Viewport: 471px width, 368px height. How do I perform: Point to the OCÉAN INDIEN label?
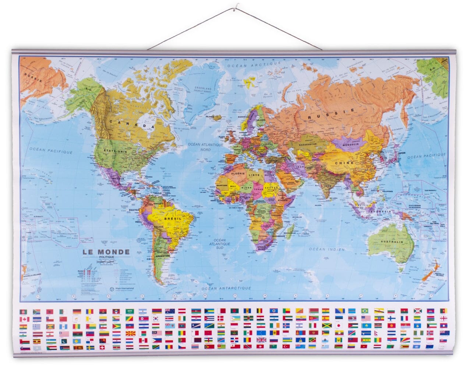tap(327, 249)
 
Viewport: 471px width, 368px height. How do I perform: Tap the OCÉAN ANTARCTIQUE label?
tap(226, 288)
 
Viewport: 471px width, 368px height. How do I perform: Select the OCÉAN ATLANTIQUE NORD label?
tap(206, 147)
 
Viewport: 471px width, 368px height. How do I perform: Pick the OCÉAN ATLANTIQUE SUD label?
tap(220, 244)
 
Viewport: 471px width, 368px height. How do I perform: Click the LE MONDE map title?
tap(106, 252)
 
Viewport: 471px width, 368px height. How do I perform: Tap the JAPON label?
tap(401, 153)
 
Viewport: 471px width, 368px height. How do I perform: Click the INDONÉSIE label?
tap(380, 211)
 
